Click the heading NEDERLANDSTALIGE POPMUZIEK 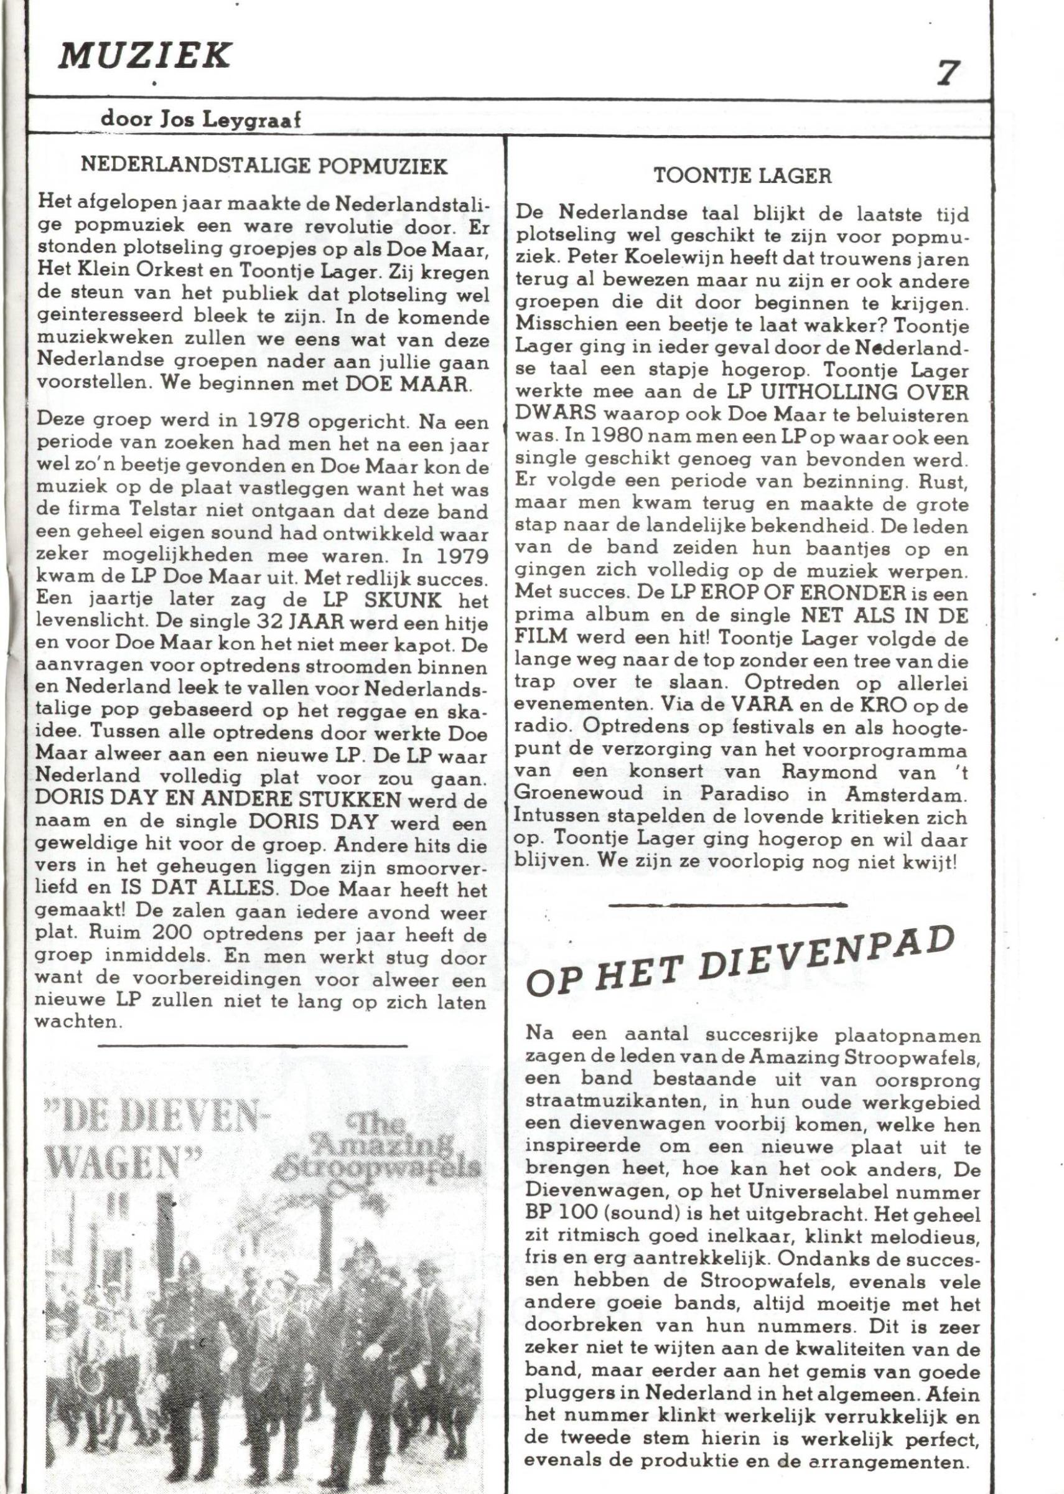tap(264, 166)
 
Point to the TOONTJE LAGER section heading tap(743, 176)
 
